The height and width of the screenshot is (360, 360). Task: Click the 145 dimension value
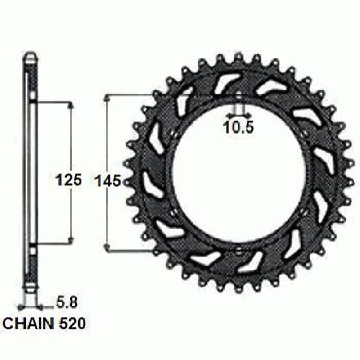108,181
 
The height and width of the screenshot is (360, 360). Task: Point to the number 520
72,323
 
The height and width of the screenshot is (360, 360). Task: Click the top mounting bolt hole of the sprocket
238,96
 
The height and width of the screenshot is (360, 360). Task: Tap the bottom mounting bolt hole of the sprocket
238,250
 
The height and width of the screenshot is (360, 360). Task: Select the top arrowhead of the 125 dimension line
71,105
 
